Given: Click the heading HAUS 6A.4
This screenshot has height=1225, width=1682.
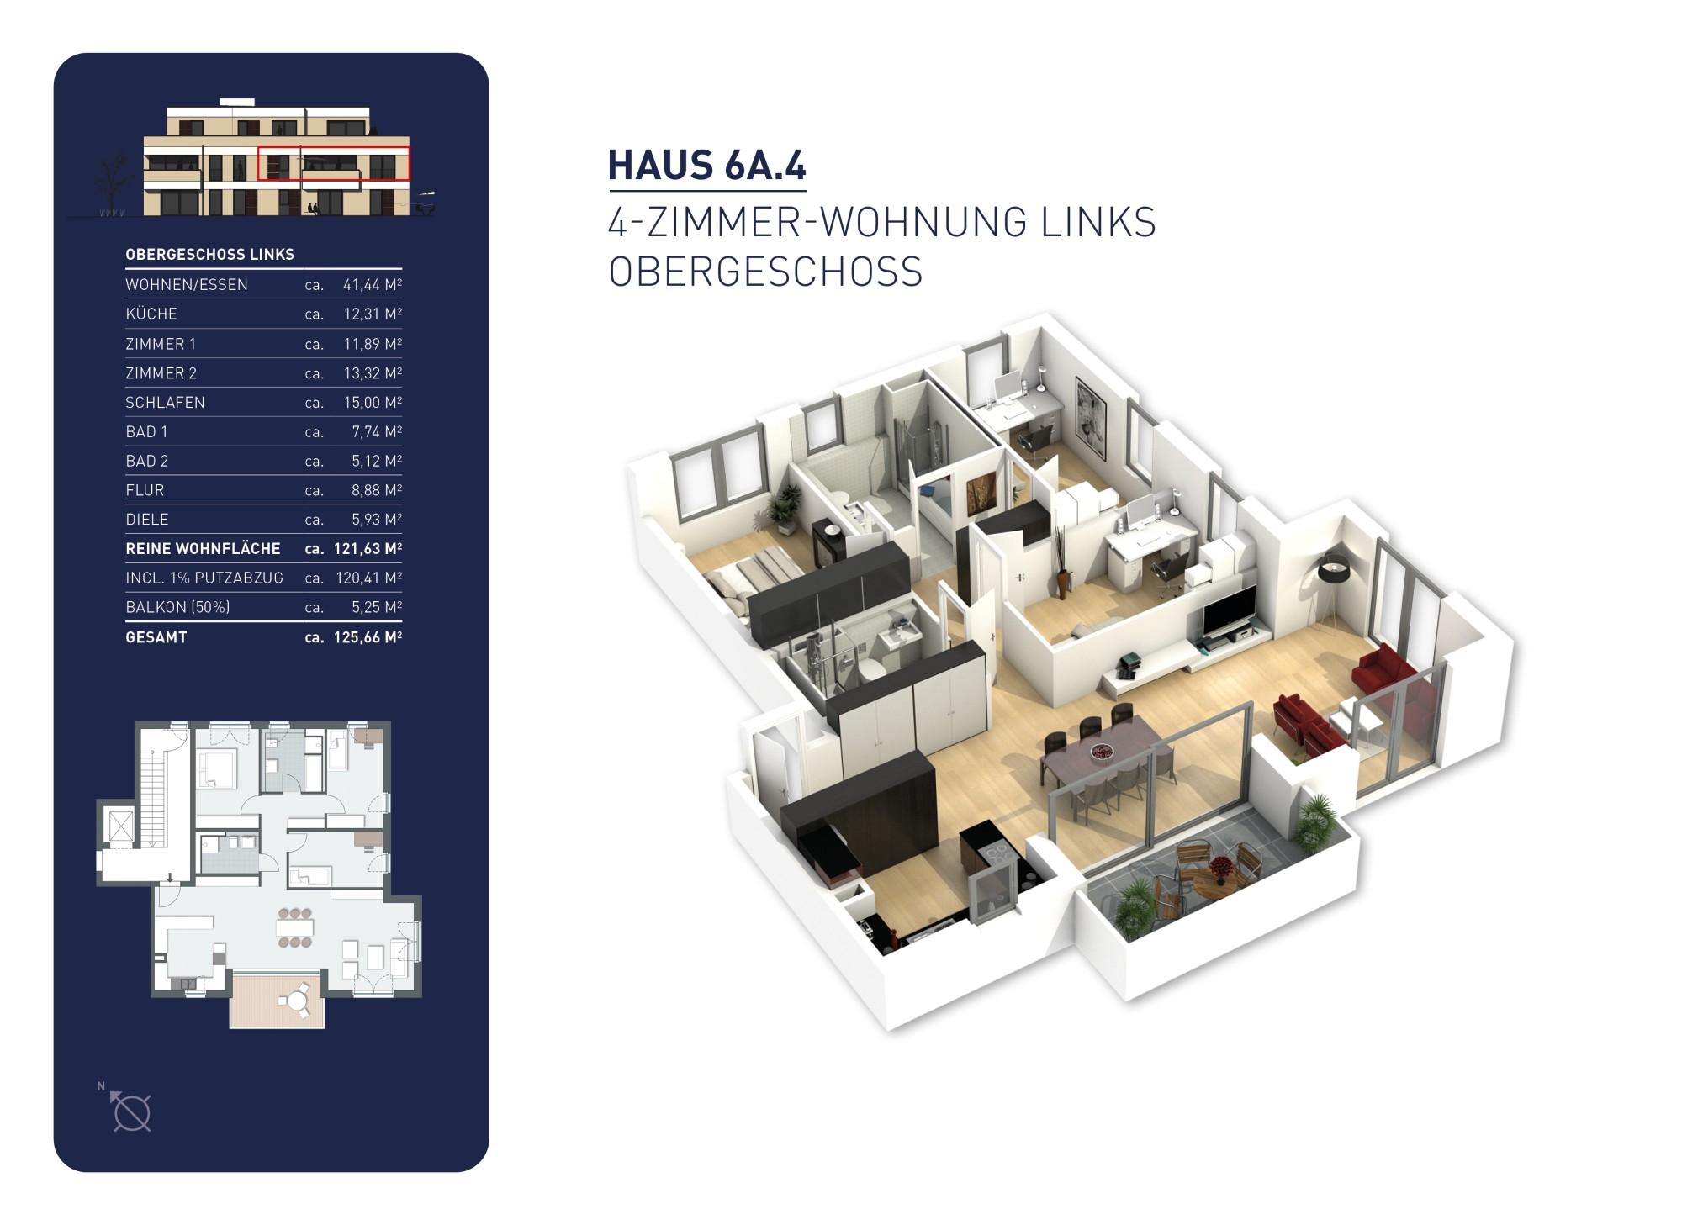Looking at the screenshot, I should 706,165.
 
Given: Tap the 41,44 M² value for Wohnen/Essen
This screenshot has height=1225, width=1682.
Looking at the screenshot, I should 372,284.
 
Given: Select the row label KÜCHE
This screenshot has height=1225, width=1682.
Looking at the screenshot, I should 151,314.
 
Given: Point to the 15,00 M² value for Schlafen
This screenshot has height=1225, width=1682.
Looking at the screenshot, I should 372,402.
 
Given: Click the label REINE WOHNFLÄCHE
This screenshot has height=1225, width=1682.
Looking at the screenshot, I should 203,548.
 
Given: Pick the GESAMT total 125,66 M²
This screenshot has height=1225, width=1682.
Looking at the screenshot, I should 368,636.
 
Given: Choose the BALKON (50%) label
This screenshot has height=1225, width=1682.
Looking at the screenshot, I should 177,606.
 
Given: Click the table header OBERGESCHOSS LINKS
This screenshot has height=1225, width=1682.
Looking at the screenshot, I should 209,254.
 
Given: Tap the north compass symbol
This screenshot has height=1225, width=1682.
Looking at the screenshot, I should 130,1111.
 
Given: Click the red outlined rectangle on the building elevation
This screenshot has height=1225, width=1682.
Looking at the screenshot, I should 334,164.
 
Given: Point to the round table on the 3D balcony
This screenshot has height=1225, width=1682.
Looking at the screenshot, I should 1215,876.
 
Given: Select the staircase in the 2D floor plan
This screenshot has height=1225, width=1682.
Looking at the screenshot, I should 154,799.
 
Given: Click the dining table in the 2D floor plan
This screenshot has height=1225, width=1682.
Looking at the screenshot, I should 295,927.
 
